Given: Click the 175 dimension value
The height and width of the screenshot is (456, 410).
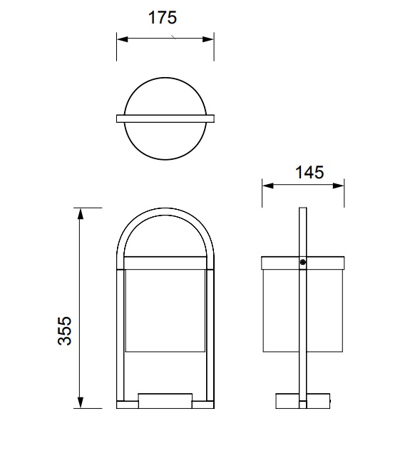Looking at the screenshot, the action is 163,17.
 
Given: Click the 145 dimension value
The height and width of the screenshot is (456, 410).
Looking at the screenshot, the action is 309,172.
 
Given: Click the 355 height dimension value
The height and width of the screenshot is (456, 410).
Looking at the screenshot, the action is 64,330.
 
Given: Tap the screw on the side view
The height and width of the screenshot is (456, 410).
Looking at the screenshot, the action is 303,263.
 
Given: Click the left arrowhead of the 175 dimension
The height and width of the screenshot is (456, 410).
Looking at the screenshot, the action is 122,39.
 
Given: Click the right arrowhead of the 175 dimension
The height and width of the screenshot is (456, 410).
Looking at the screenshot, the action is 208,39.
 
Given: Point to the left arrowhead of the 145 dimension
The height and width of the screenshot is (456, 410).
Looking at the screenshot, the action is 268,186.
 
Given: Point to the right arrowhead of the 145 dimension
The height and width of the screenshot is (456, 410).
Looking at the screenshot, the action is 339,186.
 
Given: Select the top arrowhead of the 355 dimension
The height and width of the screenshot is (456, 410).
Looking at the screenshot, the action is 81,214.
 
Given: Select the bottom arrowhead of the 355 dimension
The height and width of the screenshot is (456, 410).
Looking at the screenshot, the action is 81,402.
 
